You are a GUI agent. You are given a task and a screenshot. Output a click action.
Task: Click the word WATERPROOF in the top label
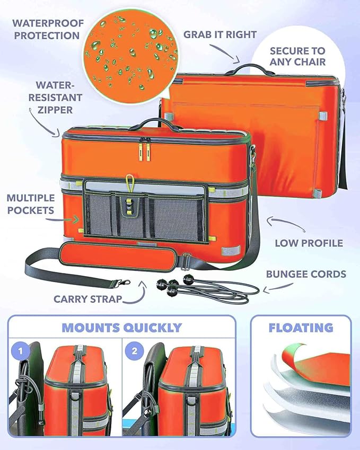click(x=48, y=23)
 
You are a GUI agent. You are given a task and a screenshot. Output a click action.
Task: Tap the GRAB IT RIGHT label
click(x=220, y=34)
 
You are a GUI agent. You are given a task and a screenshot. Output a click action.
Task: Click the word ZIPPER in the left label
click(x=55, y=110)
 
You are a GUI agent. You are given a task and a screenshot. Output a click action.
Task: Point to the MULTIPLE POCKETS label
click(x=31, y=204)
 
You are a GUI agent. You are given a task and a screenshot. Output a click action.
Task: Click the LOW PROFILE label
click(x=309, y=243)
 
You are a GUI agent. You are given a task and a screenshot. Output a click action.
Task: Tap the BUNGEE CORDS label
click(x=306, y=274)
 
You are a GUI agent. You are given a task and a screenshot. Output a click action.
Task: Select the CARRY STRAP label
click(x=88, y=299)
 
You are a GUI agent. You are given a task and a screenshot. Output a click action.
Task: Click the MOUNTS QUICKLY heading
click(x=122, y=328)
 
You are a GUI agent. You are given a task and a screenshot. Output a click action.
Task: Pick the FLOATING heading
click(x=301, y=328)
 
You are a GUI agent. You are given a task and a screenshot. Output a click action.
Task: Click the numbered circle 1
click(x=20, y=351)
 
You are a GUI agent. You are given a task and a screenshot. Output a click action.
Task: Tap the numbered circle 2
click(x=135, y=351)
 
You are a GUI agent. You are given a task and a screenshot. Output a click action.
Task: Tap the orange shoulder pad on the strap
click(x=118, y=257)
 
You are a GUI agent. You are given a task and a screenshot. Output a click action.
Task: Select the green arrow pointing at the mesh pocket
click(x=75, y=220)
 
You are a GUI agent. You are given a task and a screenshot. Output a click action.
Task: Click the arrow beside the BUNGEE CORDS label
click(x=278, y=288)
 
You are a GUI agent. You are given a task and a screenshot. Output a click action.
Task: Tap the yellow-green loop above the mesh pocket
click(x=130, y=183)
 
